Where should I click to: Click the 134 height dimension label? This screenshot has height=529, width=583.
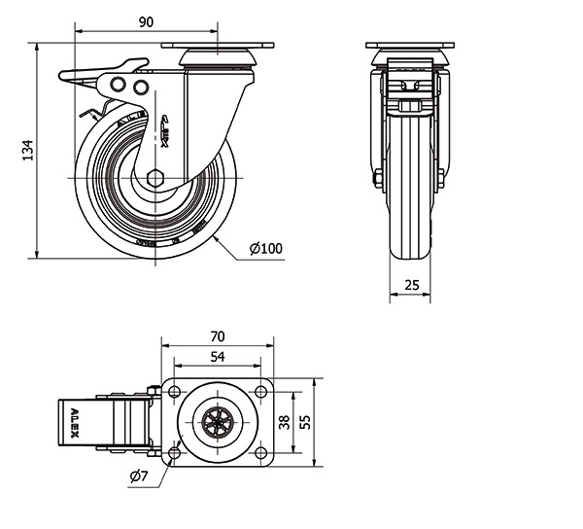click(28, 150)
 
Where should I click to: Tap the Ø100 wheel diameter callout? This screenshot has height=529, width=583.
click(265, 249)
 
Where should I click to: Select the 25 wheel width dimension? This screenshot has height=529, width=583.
click(412, 284)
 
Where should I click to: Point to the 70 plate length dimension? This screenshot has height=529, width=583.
click(218, 335)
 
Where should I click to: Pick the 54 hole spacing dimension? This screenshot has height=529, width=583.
click(218, 357)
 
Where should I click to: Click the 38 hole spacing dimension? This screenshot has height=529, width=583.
click(285, 422)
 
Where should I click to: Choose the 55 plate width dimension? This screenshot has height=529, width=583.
click(305, 422)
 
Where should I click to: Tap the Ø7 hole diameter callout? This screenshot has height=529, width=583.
click(137, 476)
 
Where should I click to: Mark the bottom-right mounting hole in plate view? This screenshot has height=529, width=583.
click(260, 453)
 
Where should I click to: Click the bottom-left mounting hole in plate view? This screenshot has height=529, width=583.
click(175, 453)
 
